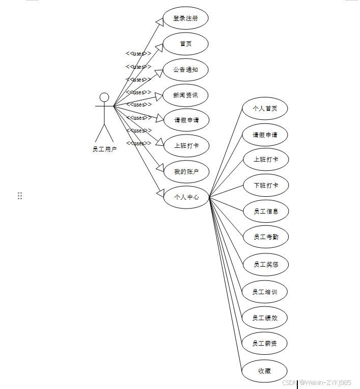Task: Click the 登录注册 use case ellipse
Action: pos(185,18)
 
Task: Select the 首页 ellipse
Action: pos(185,44)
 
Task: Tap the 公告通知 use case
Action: pos(185,70)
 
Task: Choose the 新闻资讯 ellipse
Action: pos(185,95)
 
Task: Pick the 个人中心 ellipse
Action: pos(186,197)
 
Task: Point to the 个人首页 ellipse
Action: pos(265,109)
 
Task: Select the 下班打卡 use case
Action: pos(266,185)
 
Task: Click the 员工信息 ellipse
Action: pos(266,211)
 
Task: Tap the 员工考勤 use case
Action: pos(266,237)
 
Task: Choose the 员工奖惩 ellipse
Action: pos(266,264)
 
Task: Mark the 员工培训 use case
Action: pos(265,292)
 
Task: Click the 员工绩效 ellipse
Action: pos(265,318)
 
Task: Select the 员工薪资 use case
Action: pos(265,344)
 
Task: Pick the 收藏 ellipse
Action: pos(264,371)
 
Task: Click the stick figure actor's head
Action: pos(104,97)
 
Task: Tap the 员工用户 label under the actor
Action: pos(104,149)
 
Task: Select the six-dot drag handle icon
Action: pos(20,196)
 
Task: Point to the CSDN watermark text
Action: pos(317,382)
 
